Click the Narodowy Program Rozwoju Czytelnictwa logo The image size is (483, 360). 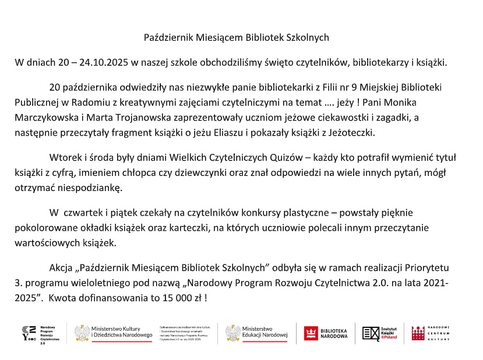[36, 334]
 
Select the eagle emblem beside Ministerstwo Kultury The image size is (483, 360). [82, 333]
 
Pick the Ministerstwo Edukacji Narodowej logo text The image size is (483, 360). [265, 333]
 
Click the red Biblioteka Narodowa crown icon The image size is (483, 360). [311, 333]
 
